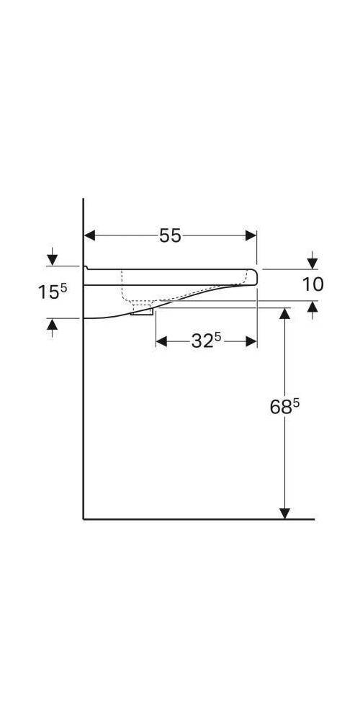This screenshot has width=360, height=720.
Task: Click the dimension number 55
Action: [x=171, y=235]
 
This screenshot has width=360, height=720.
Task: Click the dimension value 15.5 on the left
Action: [x=52, y=292]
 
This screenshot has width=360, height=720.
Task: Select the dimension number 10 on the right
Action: [x=312, y=284]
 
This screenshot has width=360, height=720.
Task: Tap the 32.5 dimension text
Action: [x=206, y=341]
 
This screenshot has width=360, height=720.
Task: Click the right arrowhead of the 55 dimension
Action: [x=251, y=235]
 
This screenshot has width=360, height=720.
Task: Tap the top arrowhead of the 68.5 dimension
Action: [x=285, y=312]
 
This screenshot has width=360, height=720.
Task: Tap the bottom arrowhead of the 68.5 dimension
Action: [x=285, y=513]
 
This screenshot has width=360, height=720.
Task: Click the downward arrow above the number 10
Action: [x=312, y=262]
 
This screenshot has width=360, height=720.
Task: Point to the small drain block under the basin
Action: [x=142, y=311]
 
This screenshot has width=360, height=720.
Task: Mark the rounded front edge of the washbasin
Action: [x=253, y=276]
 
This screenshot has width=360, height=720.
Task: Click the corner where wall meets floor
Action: [x=84, y=518]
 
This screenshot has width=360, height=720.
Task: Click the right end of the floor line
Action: [x=313, y=518]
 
